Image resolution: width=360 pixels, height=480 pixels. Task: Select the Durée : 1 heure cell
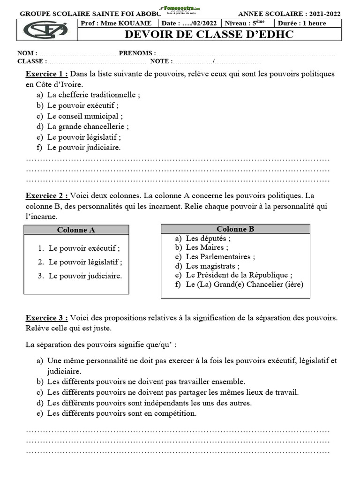point(301,23)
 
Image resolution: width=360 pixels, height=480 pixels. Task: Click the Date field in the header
point(190,23)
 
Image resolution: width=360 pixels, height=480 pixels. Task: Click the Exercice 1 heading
point(46,74)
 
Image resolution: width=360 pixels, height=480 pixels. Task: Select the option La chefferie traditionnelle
point(93,95)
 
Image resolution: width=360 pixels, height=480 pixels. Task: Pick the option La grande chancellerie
point(88,126)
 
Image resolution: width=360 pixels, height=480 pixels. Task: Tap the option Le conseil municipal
point(85,116)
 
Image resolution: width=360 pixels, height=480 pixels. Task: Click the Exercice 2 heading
point(47,195)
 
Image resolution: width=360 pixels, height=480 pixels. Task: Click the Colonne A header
point(76,230)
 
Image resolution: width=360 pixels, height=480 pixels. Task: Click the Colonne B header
point(235,229)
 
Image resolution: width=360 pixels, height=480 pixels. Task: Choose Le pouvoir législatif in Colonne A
point(85,262)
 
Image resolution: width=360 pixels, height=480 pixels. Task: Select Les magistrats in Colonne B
point(210,266)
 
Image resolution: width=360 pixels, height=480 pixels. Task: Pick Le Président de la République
point(239,275)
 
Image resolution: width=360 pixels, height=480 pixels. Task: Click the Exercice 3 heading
point(47,318)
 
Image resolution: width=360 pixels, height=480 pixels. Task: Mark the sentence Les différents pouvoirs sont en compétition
point(122,413)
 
